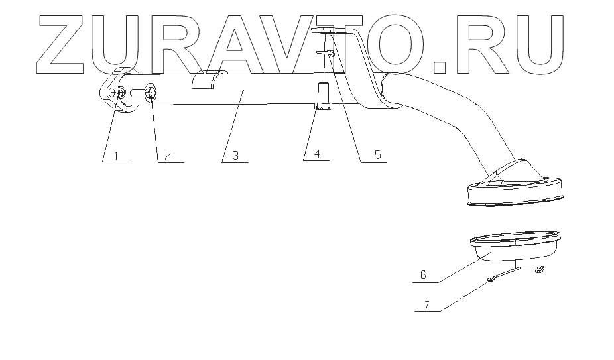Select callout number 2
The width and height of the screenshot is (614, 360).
[x=168, y=156]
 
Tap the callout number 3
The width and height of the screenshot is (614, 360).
[x=235, y=156]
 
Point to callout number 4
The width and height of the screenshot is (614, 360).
[x=317, y=154]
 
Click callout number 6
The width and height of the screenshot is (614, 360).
[x=423, y=274]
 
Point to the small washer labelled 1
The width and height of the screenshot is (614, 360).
[x=121, y=93]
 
